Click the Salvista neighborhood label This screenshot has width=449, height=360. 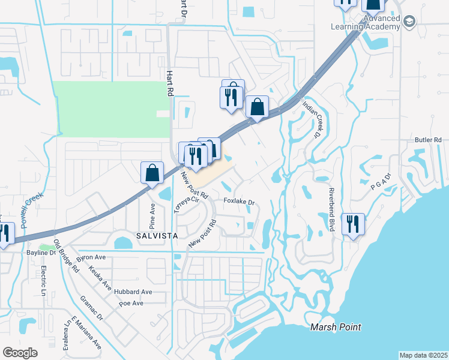pos(156,236)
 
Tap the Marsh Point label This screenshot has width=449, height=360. pos(336,327)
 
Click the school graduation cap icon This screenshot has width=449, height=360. pos(409,23)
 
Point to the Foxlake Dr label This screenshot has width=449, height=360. pos(239,202)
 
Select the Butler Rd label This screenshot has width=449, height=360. pos(428,140)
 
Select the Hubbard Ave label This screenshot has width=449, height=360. pos(133,292)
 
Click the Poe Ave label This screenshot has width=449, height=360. pos(131,304)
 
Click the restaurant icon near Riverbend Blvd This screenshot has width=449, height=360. pos(352,224)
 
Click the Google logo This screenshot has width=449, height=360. pos(20,353)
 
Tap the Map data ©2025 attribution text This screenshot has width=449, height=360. pos(423,355)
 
